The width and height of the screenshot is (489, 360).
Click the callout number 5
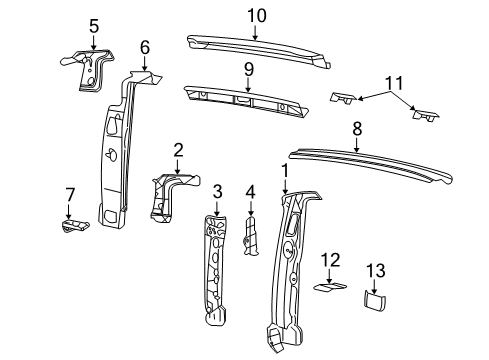(94, 26)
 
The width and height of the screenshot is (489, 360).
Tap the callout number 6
(145, 46)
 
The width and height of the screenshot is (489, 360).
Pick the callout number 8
(357, 129)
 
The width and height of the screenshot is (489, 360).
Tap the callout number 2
(177, 150)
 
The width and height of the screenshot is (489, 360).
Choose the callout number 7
(69, 193)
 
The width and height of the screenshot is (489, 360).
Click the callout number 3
(216, 190)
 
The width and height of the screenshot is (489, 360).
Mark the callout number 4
(251, 190)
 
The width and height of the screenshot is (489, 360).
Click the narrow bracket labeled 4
(251, 237)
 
